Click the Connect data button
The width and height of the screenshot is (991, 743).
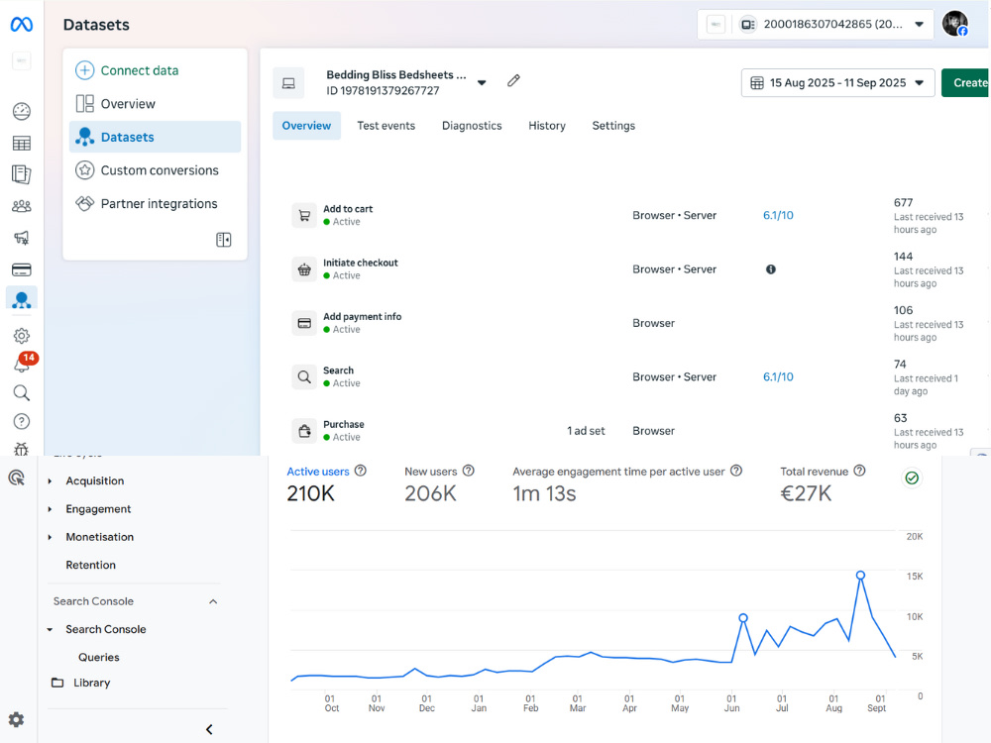click(x=127, y=70)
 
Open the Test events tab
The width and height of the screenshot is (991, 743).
click(x=385, y=126)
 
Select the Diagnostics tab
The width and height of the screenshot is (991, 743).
click(x=472, y=126)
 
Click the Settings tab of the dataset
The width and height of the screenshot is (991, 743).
click(x=613, y=126)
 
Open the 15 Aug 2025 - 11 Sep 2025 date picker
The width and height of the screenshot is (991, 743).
click(x=837, y=83)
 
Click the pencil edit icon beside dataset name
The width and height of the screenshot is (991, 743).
click(x=513, y=80)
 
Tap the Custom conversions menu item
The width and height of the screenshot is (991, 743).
click(x=160, y=170)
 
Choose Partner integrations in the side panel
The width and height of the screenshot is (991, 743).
click(x=159, y=203)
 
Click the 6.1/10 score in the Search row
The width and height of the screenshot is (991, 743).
click(x=778, y=376)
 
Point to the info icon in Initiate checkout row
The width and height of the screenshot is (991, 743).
click(x=770, y=269)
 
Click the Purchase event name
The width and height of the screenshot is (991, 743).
click(x=343, y=424)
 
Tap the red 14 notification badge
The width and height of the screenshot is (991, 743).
click(x=29, y=358)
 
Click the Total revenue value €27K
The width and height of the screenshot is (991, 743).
click(x=806, y=493)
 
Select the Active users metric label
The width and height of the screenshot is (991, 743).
click(x=318, y=472)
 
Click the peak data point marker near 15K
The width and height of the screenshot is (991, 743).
click(x=860, y=575)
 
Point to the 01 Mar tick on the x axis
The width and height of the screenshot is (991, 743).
click(x=577, y=703)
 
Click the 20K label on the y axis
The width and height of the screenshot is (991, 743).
click(x=915, y=536)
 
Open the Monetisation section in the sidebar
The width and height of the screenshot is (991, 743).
click(x=99, y=537)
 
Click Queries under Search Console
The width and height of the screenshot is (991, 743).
click(x=98, y=657)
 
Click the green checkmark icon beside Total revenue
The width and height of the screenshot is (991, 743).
click(x=912, y=478)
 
